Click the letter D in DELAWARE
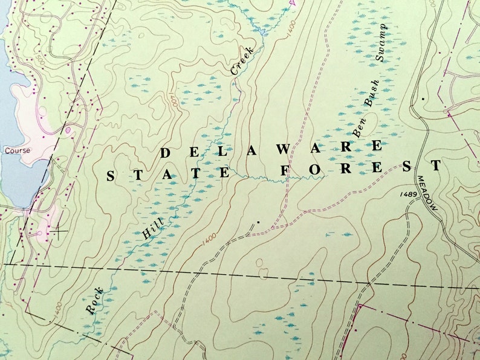pyautogui.click(x=164, y=153)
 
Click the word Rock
pyautogui.click(x=95, y=300)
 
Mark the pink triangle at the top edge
pyautogui.click(x=293, y=3)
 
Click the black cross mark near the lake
pyautogui.click(x=58, y=230)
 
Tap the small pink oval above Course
pyautogui.click(x=68, y=129)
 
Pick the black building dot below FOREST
pyautogui.click(x=258, y=222)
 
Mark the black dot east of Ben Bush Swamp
pyautogui.click(x=423, y=98)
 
